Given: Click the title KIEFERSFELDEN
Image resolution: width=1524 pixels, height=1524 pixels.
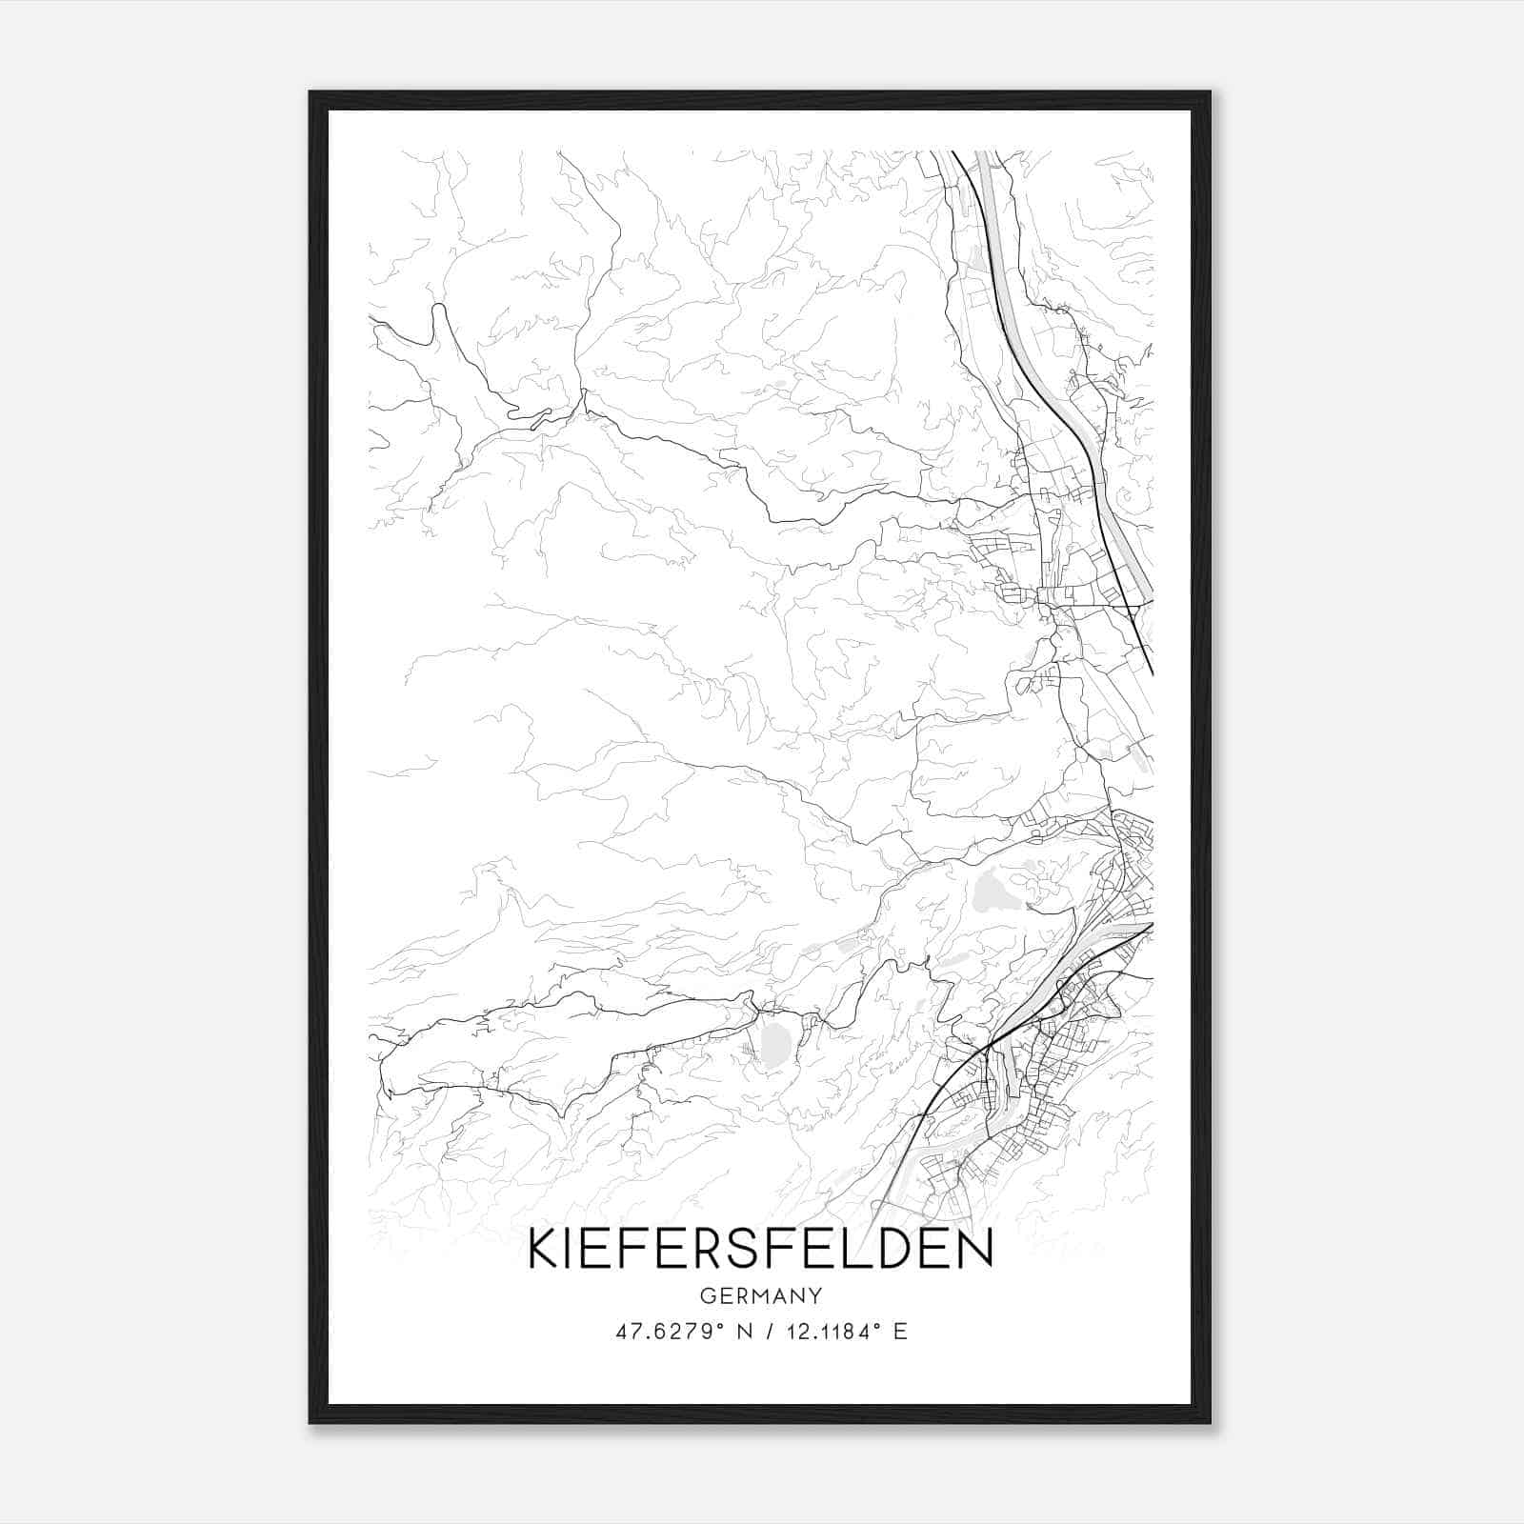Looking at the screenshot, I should click(760, 1250).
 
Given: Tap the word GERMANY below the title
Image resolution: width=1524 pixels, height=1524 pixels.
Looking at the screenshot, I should click(760, 1295).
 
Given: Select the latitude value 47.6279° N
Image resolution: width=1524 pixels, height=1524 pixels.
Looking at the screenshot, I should click(677, 1331).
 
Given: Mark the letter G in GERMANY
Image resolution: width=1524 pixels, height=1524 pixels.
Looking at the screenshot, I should click(706, 1295).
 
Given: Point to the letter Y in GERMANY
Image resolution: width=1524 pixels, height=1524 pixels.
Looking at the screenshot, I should click(815, 1295).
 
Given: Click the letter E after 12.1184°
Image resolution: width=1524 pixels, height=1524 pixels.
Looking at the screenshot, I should click(900, 1331).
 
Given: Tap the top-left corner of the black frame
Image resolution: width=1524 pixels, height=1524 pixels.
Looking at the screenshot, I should click(311, 93).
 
